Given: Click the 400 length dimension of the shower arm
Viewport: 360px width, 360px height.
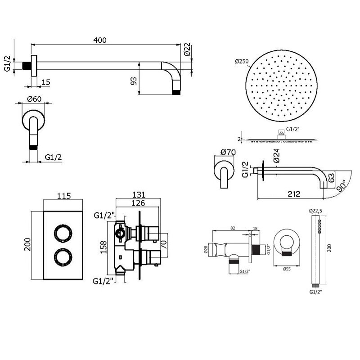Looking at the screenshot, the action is coord(100,40).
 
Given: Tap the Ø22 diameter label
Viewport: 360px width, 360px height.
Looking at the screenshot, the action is coord(187,49).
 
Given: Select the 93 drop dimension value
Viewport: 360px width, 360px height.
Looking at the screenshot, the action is coord(134,81).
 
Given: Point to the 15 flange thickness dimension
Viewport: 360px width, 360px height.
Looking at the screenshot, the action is coord(46,82).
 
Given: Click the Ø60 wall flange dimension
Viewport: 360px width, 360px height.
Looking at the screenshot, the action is coord(34,99).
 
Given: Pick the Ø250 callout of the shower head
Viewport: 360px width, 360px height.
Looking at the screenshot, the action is coord(242,61).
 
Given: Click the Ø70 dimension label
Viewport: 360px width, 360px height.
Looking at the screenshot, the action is coord(228,152).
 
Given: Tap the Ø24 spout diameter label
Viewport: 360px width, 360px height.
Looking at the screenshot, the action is coord(277,156).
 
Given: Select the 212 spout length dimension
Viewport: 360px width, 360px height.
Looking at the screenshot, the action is coord(294,194).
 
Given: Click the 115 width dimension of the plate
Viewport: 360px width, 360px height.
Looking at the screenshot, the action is coord(64,196).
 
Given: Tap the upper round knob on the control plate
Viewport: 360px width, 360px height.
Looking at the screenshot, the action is coord(63,233).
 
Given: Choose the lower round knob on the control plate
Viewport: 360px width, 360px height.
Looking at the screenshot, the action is coord(63,257).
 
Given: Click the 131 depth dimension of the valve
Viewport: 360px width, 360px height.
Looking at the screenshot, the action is coord(139,195).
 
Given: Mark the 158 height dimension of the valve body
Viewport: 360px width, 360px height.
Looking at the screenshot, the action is coord(104,247).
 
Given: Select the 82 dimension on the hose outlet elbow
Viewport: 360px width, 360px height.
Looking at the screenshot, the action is coord(233,228).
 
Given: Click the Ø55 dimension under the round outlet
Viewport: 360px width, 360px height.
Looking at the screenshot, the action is coord(287,269).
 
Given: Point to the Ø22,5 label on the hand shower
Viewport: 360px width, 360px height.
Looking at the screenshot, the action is coord(315,210).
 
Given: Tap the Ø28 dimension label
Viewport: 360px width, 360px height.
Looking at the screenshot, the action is coord(206,249).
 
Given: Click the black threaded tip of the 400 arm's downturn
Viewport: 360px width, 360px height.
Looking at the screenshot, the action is coord(176,92).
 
